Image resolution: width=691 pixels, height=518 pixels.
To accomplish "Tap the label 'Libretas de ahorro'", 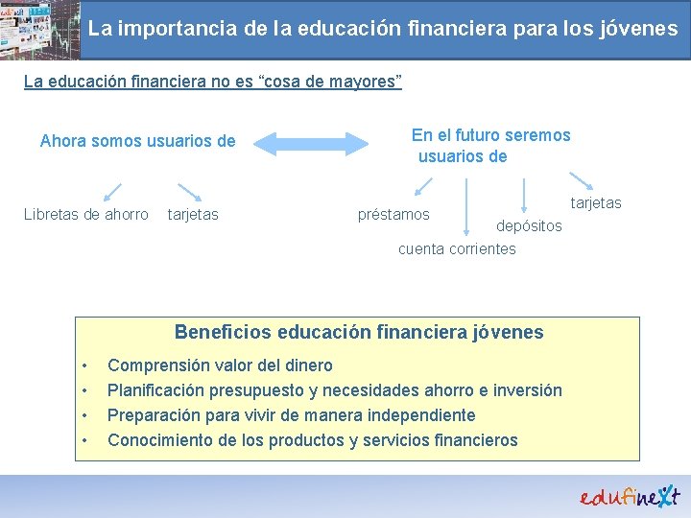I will tap(86, 215).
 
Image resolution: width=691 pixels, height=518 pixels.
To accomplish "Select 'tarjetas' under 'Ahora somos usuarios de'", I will tap(193, 215).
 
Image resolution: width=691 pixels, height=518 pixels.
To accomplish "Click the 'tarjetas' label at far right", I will tap(596, 203).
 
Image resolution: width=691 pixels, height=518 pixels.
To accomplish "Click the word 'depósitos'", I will tap(529, 225).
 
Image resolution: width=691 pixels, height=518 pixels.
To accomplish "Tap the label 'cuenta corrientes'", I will tap(457, 249).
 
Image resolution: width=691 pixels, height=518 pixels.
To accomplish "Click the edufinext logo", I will tap(629, 496).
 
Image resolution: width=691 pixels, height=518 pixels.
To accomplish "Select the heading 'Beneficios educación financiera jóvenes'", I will tap(359, 333).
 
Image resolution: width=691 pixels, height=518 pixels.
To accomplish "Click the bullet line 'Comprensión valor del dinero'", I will tap(220, 365).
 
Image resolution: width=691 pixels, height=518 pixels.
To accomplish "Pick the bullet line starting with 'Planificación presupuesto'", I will tap(334, 390).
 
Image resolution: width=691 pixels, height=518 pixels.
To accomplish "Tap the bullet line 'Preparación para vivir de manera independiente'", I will tap(291, 415).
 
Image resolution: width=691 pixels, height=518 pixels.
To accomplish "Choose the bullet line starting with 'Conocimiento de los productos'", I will tap(312, 440).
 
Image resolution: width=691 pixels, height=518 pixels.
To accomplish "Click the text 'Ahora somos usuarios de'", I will tap(137, 142).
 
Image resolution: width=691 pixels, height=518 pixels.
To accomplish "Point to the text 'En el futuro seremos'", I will tap(490, 135).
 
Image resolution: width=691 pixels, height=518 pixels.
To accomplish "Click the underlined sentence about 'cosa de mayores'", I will tap(212, 82).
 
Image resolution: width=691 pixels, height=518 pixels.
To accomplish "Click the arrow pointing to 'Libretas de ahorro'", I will tap(112, 191).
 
